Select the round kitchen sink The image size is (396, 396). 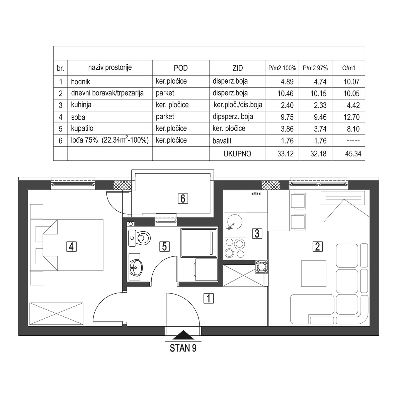235,222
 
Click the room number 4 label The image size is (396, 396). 72,246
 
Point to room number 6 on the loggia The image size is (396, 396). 183,199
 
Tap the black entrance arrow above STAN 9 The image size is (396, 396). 183,335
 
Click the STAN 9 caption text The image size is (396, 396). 183,348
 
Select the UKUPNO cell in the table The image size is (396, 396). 237,154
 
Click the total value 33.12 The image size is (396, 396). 286,154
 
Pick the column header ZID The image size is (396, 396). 237,68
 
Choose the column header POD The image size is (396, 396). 181,68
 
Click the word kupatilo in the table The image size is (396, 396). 82,128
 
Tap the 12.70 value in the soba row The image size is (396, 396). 351,117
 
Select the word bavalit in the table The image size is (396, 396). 222,141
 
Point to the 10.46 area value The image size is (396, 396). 286,93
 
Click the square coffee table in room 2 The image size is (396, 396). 314,273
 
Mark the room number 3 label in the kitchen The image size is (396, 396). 257,233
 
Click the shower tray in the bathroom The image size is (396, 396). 199,242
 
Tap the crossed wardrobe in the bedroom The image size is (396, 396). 56,313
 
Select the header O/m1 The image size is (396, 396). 348,68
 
